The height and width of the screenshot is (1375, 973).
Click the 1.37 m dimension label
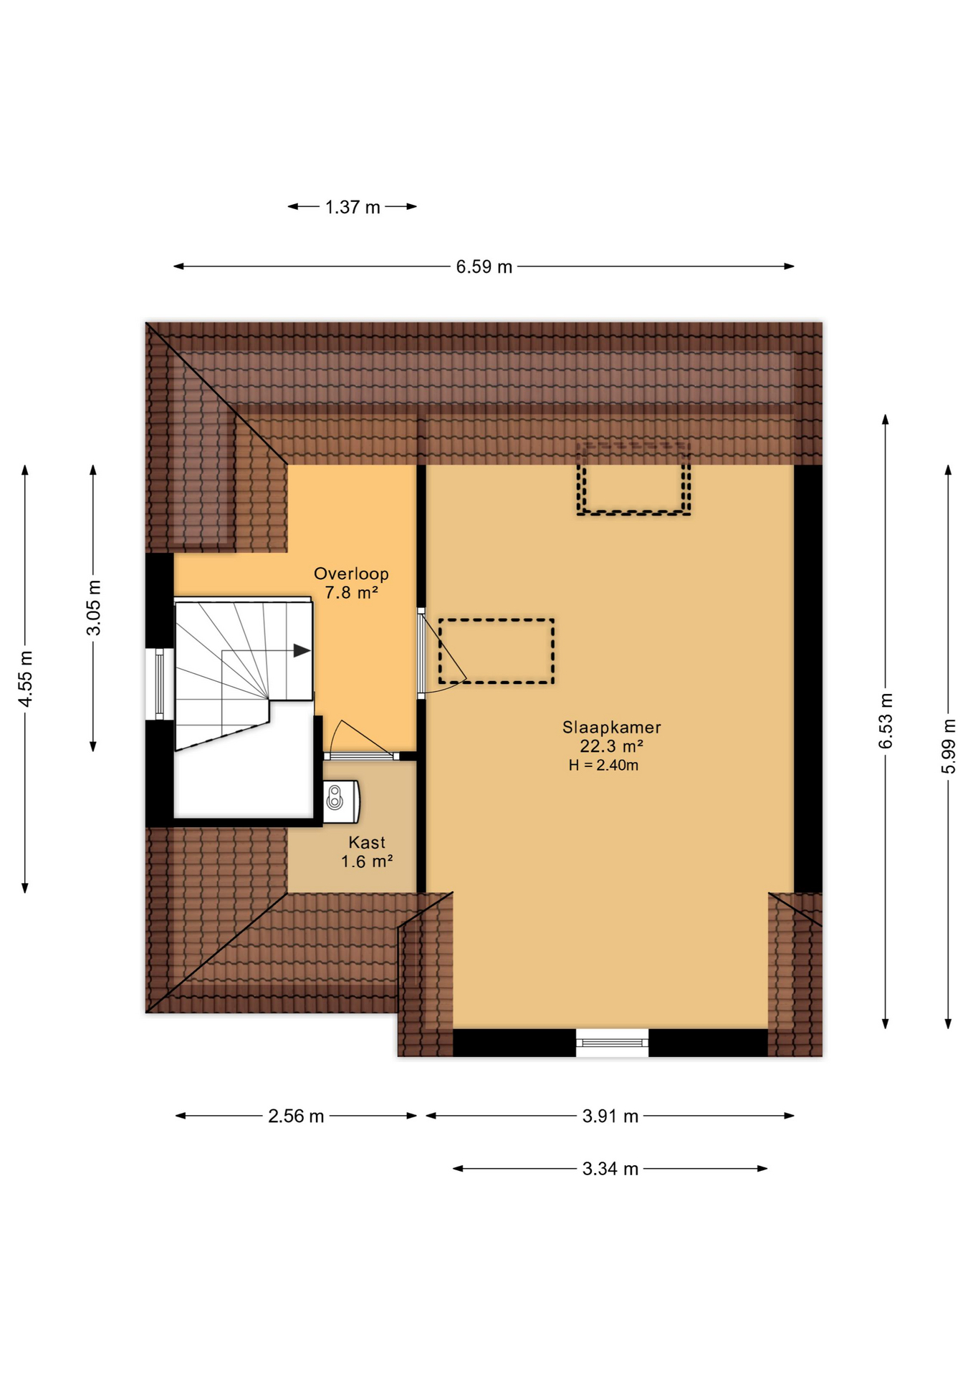[353, 207]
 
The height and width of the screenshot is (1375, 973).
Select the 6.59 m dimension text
[484, 267]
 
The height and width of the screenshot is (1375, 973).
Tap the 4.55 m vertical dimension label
[26, 679]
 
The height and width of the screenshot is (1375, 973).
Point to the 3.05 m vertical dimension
[94, 608]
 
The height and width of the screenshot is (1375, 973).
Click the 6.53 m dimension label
[886, 721]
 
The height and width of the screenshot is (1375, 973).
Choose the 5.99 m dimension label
[949, 746]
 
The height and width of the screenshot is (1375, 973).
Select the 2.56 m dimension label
[296, 1116]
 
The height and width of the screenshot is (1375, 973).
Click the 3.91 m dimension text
[610, 1116]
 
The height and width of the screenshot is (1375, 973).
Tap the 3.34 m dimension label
[610, 1169]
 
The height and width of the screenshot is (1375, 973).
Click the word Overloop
[351, 574]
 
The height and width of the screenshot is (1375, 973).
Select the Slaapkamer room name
[611, 728]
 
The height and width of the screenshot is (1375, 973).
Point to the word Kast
[367, 843]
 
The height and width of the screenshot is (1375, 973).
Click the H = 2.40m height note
[603, 766]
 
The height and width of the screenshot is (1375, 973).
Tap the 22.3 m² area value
[611, 746]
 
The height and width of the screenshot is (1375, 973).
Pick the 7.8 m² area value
[351, 592]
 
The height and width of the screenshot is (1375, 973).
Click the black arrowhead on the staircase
[302, 651]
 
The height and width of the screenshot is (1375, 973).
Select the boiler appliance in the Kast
[341, 801]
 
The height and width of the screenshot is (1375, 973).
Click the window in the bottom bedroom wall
[612, 1043]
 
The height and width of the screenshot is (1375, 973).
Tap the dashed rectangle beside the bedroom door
[497, 651]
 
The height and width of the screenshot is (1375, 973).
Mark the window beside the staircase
[159, 684]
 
